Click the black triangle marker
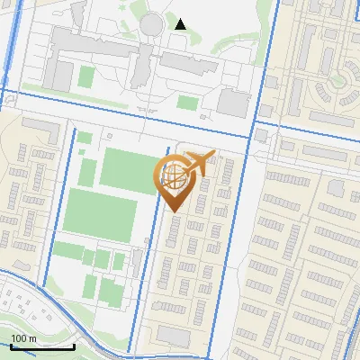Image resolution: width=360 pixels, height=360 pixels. [181, 24]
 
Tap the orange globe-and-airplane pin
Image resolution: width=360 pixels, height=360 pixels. [175, 180]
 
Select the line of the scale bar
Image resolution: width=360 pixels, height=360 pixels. [41, 346]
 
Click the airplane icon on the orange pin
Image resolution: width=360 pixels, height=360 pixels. [200, 162]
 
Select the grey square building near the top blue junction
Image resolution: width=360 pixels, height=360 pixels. [233, 103]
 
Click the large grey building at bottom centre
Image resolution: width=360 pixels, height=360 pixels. [183, 336]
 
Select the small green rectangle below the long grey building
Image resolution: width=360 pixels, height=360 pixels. [186, 102]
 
